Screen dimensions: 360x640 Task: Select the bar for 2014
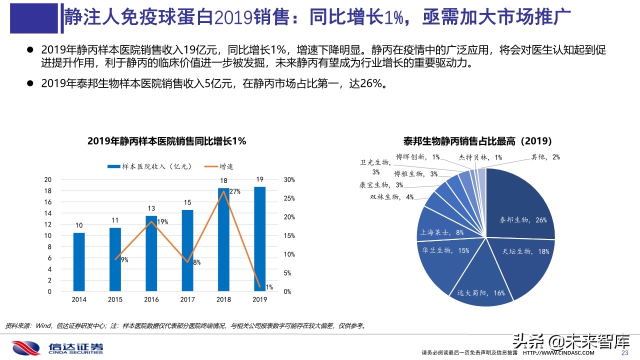pyautogui.click(x=79, y=262)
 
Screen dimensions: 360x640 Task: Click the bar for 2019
pyautogui.click(x=259, y=239)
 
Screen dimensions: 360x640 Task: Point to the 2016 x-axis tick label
pyautogui.click(x=151, y=299)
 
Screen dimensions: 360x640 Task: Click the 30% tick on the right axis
pyautogui.click(x=289, y=180)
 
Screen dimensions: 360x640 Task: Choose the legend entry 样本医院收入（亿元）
pyautogui.click(x=149, y=166)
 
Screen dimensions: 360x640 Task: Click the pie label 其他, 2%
pyautogui.click(x=545, y=157)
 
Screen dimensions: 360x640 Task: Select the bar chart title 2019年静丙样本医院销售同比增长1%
pyautogui.click(x=166, y=141)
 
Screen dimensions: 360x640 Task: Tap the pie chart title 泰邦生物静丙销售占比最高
pyautogui.click(x=477, y=141)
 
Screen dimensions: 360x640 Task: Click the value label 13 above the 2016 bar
pyautogui.click(x=151, y=208)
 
